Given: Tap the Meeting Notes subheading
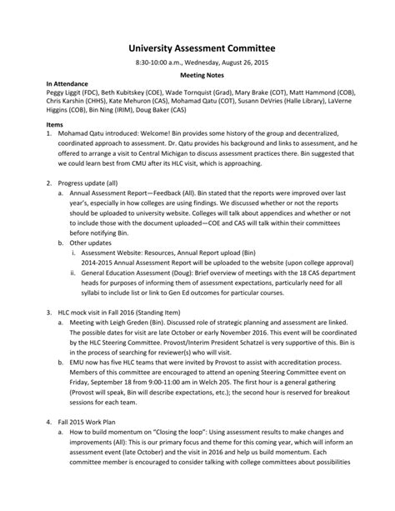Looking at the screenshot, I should point(197,74).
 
